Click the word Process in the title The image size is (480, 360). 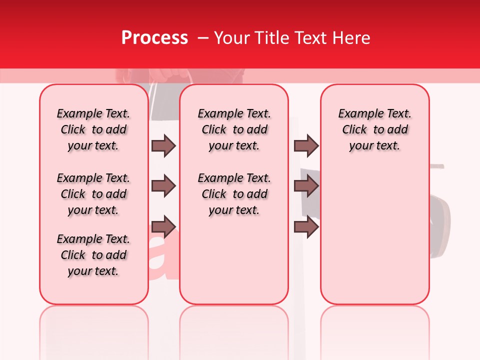click(154, 38)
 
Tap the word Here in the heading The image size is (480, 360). click(351, 38)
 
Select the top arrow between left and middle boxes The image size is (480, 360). click(163, 146)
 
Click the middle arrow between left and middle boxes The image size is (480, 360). click(163, 186)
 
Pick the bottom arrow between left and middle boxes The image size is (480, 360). click(163, 226)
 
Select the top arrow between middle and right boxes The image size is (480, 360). click(306, 146)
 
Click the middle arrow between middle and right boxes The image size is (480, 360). click(306, 186)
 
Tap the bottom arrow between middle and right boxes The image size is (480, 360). click(306, 226)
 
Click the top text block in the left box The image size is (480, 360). click(93, 129)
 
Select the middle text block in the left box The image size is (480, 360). click(93, 194)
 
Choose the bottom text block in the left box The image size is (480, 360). click(93, 255)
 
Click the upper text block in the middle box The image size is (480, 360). click(234, 129)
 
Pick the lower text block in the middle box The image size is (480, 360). click(234, 194)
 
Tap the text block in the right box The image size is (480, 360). click(375, 129)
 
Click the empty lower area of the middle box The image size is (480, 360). click(234, 260)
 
